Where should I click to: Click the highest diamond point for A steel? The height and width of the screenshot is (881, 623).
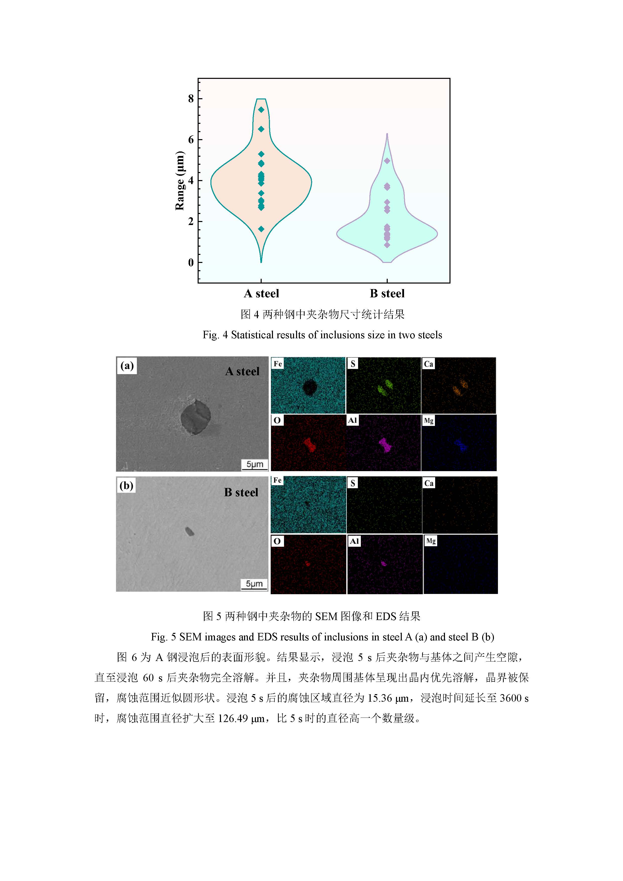[x=261, y=110]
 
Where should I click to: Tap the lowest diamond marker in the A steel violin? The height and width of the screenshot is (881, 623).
[x=261, y=229]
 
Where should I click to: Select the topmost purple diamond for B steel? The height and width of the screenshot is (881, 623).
[x=387, y=161]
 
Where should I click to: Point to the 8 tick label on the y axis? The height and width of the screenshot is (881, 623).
[x=191, y=99]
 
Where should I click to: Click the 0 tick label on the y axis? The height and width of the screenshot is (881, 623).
[x=191, y=262]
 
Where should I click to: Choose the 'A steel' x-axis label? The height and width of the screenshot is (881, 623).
[x=261, y=294]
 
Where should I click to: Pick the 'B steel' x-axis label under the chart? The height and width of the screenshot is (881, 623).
[x=387, y=294]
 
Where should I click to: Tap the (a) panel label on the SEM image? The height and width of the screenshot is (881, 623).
[x=127, y=365]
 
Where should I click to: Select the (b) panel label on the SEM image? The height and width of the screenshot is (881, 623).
[x=126, y=485]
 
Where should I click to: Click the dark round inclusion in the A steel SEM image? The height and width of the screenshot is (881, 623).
[x=196, y=417]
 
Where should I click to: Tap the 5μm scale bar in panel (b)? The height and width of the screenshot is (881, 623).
[x=254, y=584]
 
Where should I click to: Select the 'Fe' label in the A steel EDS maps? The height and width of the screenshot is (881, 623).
[x=278, y=363]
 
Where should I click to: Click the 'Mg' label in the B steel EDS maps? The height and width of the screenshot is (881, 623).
[x=431, y=541]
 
